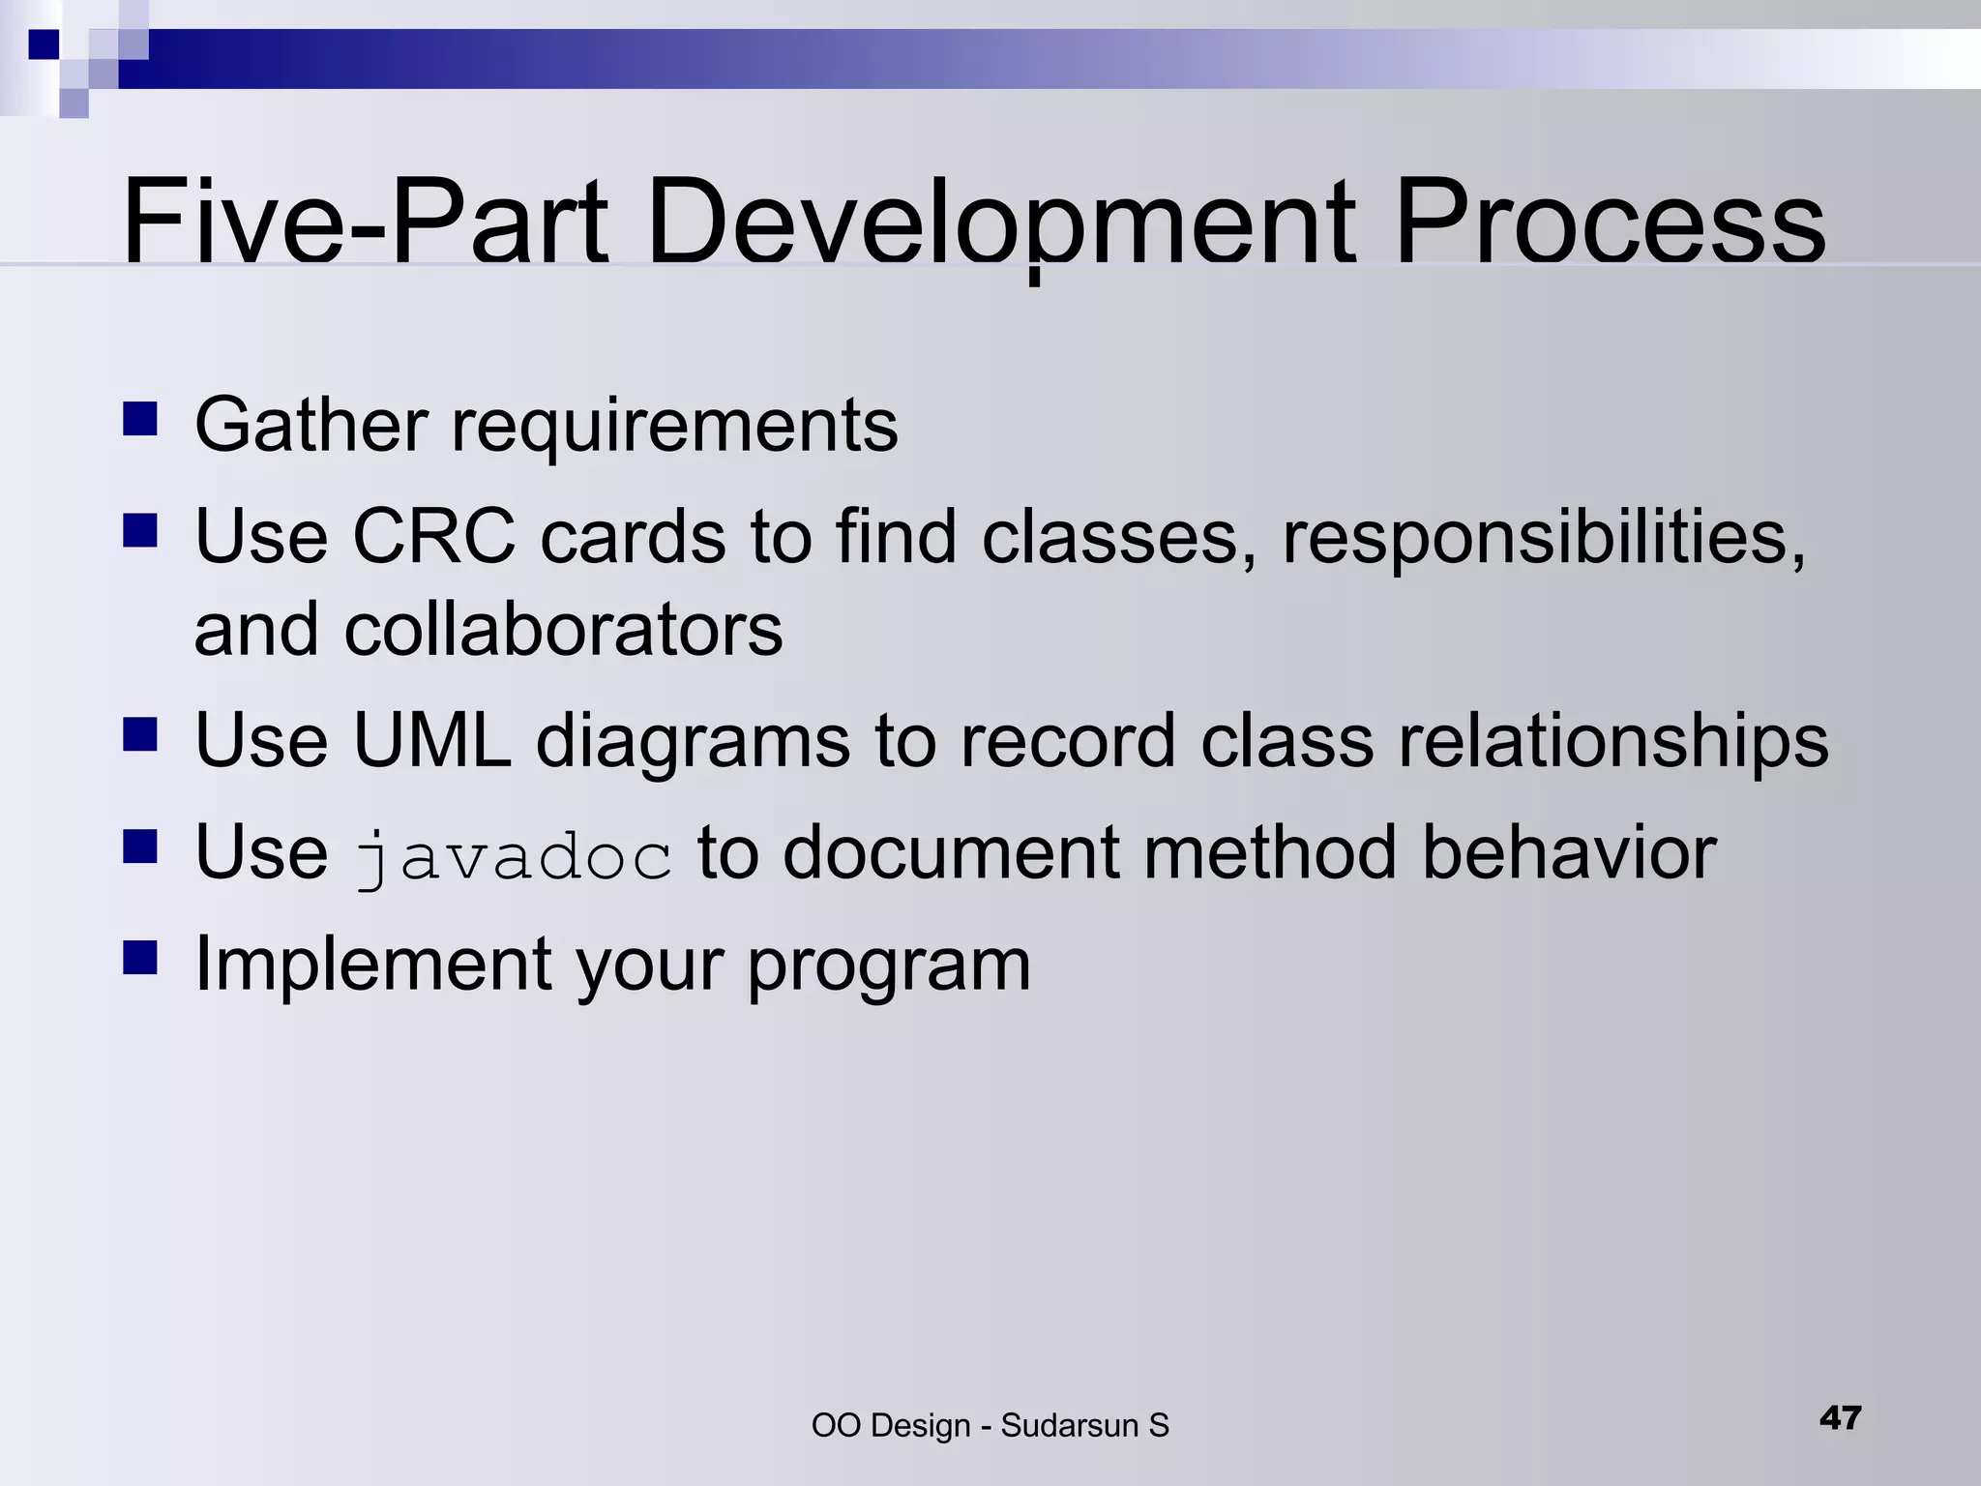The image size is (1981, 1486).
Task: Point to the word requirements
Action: [x=674, y=426]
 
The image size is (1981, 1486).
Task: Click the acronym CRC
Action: [x=433, y=536]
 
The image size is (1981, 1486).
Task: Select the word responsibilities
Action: [x=1543, y=538]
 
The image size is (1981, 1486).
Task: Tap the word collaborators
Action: [x=563, y=629]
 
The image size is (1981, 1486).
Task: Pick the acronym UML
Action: [x=431, y=740]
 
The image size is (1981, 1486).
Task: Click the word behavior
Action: [x=1569, y=852]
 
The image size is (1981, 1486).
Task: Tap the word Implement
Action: [x=373, y=966]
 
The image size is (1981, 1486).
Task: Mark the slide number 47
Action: [x=1840, y=1417]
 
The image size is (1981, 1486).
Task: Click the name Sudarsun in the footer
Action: [x=1069, y=1426]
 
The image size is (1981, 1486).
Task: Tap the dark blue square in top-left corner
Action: [x=44, y=45]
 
